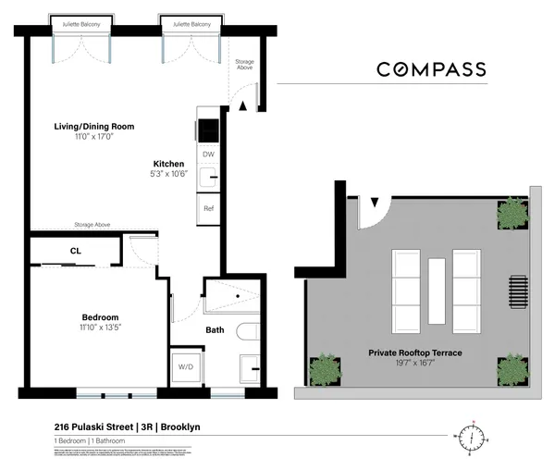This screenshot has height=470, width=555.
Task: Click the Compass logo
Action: [430, 69]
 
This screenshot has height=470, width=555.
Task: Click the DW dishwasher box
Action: [208, 154]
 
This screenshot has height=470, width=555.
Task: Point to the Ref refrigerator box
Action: [208, 209]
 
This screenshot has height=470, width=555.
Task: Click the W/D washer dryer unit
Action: [186, 367]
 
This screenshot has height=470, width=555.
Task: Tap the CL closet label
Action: [76, 250]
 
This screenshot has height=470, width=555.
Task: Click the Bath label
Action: [215, 328]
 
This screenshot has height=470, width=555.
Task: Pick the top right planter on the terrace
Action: [511, 214]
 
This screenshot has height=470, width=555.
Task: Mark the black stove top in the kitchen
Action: [208, 130]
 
